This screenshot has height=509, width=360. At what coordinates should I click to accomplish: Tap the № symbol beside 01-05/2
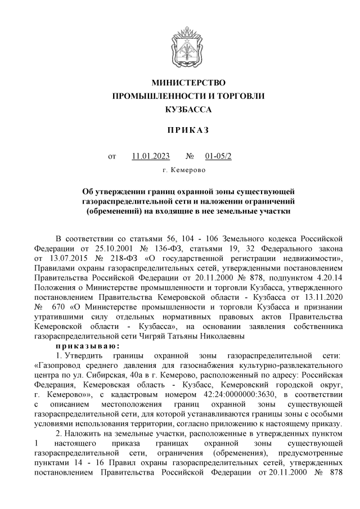point(190,155)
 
